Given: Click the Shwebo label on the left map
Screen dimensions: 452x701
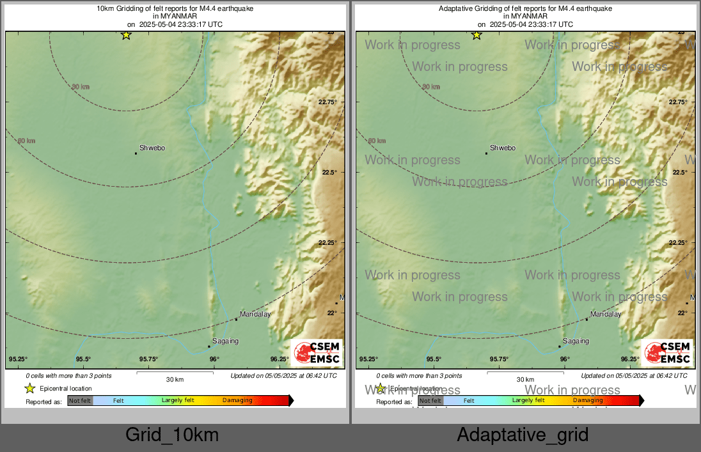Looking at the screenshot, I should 152,148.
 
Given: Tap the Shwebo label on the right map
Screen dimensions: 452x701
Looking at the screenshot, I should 503,148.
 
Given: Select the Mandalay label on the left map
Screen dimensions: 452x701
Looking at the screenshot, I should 255,315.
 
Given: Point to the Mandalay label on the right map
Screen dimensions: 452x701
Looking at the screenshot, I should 606,315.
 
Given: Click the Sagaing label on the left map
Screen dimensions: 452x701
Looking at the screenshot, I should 225,341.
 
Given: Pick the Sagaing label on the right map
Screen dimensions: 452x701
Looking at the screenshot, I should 576,341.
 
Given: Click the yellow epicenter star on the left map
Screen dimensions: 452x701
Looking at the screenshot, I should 126,35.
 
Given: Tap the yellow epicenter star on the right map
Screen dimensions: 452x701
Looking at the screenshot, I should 477,35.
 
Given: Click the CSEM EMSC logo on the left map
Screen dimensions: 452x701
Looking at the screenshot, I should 317,353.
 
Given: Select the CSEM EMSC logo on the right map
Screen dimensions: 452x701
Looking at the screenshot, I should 668,353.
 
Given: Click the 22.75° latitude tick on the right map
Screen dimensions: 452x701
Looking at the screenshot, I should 679,102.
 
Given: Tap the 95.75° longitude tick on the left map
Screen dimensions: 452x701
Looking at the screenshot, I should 148,359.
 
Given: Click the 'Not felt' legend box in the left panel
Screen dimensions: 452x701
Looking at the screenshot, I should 80,401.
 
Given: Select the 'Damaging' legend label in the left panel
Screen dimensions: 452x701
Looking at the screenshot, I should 237,401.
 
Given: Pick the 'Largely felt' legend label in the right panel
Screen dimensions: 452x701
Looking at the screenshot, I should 528,401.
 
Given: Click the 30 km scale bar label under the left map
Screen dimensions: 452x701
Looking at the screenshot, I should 175,379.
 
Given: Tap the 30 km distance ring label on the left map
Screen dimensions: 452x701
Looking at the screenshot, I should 80,87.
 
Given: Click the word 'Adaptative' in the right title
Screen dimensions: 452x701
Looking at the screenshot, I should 455,9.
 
